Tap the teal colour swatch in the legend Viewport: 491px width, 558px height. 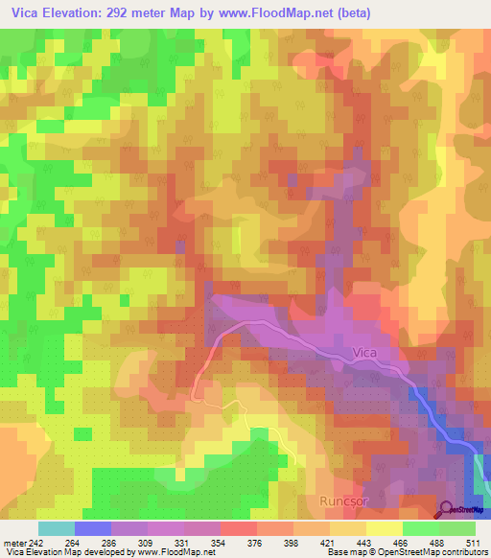coord(56,528)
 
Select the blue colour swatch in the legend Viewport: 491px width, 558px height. coord(92,528)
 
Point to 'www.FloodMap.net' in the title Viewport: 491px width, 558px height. coord(272,13)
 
